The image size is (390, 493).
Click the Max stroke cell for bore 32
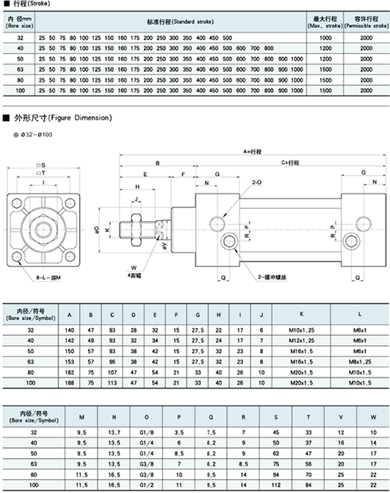click(x=325, y=38)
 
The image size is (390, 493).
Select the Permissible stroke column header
click(x=366, y=21)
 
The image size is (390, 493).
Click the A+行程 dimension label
click(x=252, y=152)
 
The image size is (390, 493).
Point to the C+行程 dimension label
click(x=290, y=163)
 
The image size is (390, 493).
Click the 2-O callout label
click(x=256, y=182)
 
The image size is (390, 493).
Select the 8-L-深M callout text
click(x=48, y=277)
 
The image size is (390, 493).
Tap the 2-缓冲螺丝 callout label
click(x=272, y=277)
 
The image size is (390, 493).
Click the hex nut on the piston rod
click(x=136, y=230)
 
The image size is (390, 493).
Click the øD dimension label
click(x=96, y=230)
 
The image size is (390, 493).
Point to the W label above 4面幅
click(x=134, y=268)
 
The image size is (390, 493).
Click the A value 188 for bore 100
click(x=69, y=383)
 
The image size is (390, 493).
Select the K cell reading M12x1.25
click(x=301, y=341)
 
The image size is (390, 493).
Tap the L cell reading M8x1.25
click(x=360, y=361)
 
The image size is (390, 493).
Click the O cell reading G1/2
click(x=146, y=485)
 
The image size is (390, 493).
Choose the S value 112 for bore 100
click(x=276, y=485)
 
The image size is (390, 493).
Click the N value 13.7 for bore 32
click(x=114, y=433)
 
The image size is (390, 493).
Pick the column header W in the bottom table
click(x=373, y=417)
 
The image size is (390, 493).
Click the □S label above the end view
click(x=41, y=165)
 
